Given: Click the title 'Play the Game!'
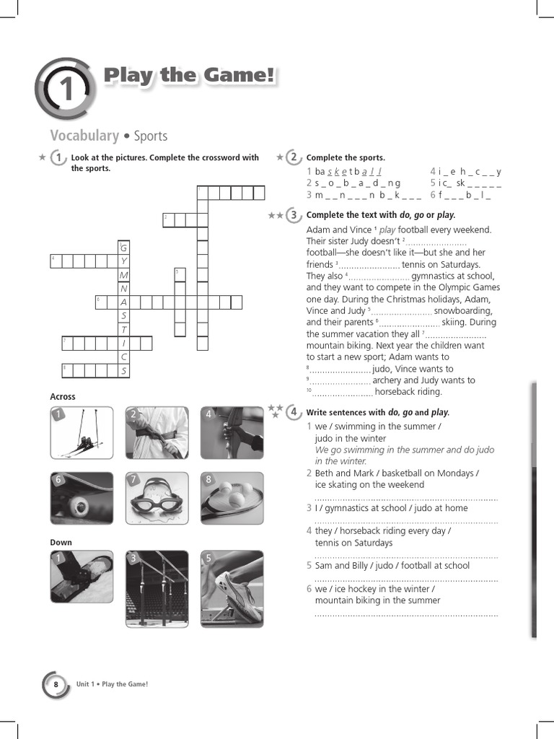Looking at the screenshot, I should (x=189, y=76).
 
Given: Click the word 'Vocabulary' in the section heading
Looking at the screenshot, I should (x=84, y=136).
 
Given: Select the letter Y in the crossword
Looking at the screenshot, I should (x=124, y=261).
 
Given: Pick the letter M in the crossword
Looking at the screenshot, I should (x=124, y=275).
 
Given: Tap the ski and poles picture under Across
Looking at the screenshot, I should (x=82, y=432).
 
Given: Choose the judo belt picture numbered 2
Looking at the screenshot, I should (x=157, y=432).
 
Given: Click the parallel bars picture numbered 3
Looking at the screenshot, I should (x=157, y=589).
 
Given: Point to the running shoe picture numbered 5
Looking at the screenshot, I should (x=232, y=589).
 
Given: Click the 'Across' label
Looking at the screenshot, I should (x=63, y=396).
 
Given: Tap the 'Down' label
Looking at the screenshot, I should (x=61, y=542).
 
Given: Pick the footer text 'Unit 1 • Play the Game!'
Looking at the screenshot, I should (x=112, y=684).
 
